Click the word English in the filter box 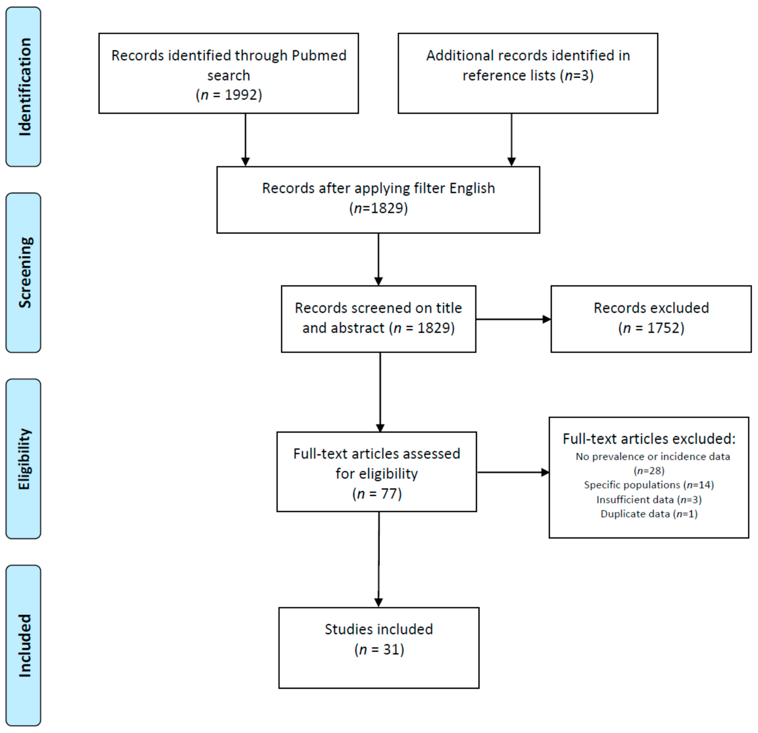[x=472, y=188]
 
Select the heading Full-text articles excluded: [x=649, y=439]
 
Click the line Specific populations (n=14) [x=649, y=485]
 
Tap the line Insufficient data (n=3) [x=649, y=500]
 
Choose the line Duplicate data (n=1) [x=649, y=514]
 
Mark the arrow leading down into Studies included [x=379, y=560]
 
